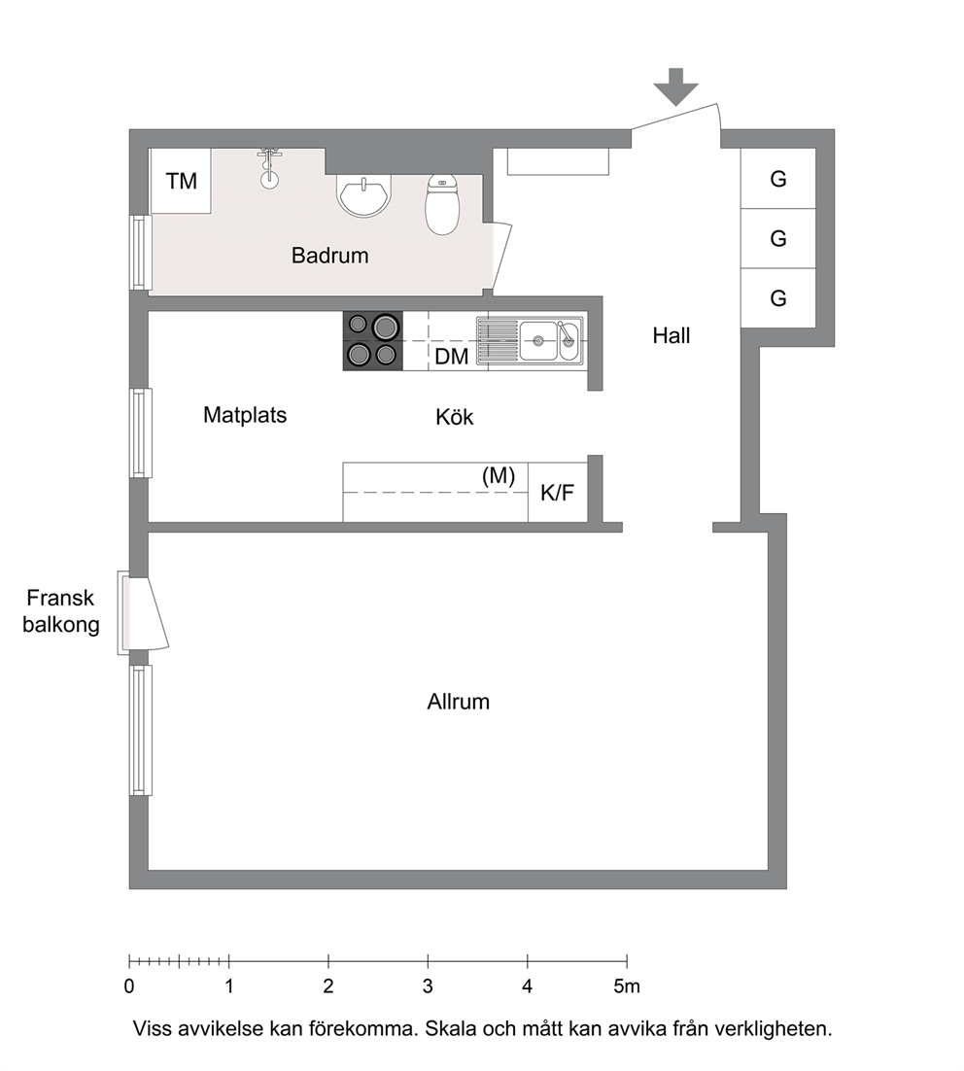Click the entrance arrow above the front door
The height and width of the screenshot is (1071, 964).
675,86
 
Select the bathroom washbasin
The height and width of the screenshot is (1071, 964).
364,195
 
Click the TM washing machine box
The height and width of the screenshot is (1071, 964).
181,181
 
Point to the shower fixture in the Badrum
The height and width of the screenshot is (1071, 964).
270,168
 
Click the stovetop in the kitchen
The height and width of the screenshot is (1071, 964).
372,341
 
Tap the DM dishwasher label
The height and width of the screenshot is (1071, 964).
452,356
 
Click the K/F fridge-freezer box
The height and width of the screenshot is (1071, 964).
558,493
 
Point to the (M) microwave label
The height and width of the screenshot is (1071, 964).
499,476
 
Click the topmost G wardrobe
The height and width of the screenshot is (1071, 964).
778,178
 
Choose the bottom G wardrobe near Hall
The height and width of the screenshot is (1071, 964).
778,297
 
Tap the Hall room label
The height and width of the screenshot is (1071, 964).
671,335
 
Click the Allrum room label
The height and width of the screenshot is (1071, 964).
459,702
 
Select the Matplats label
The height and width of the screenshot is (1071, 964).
245,415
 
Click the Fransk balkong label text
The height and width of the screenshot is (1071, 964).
61,611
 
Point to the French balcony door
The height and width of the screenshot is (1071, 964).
143,612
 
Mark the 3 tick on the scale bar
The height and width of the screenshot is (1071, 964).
428,961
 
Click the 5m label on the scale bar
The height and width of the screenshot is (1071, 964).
627,986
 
